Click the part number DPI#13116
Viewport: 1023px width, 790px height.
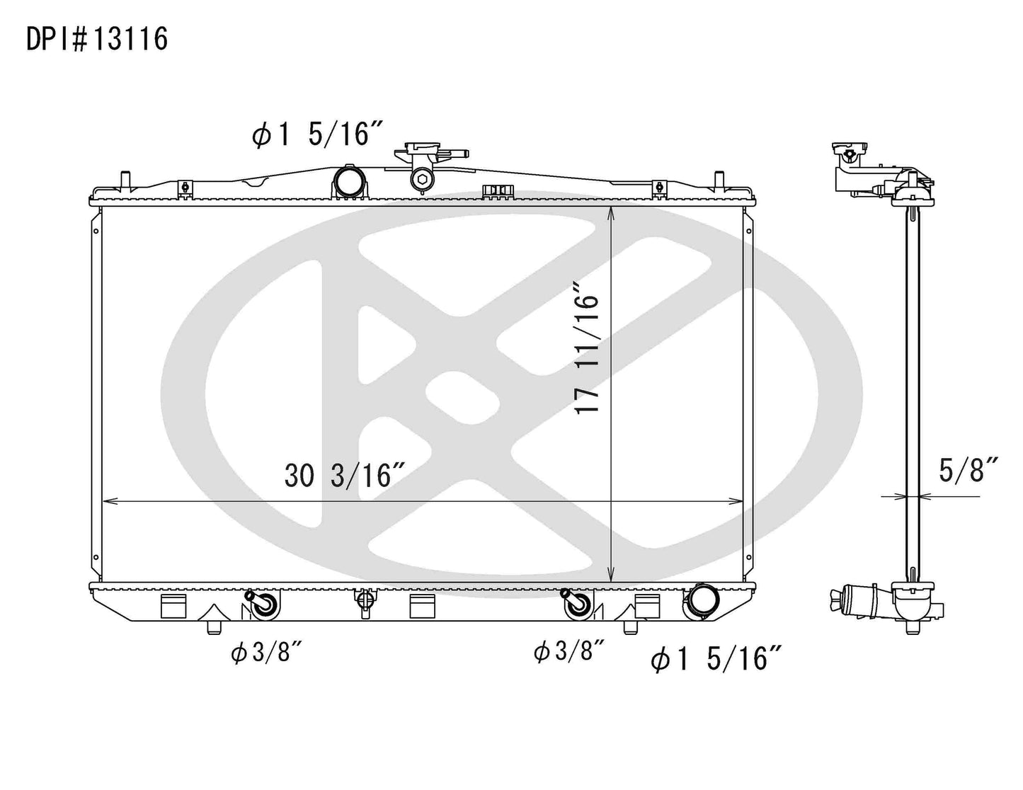click(x=97, y=40)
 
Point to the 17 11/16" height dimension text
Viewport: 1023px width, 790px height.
click(x=588, y=353)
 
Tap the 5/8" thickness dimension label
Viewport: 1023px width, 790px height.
click(x=968, y=470)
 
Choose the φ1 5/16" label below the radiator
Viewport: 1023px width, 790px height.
click(x=716, y=660)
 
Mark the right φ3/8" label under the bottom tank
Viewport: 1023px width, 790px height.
click(x=569, y=651)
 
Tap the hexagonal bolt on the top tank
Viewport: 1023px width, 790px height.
click(x=422, y=181)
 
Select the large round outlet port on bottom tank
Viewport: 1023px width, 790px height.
click(x=700, y=602)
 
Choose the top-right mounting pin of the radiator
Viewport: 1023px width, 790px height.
click(x=719, y=178)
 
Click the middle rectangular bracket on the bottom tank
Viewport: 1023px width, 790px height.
click(x=423, y=607)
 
